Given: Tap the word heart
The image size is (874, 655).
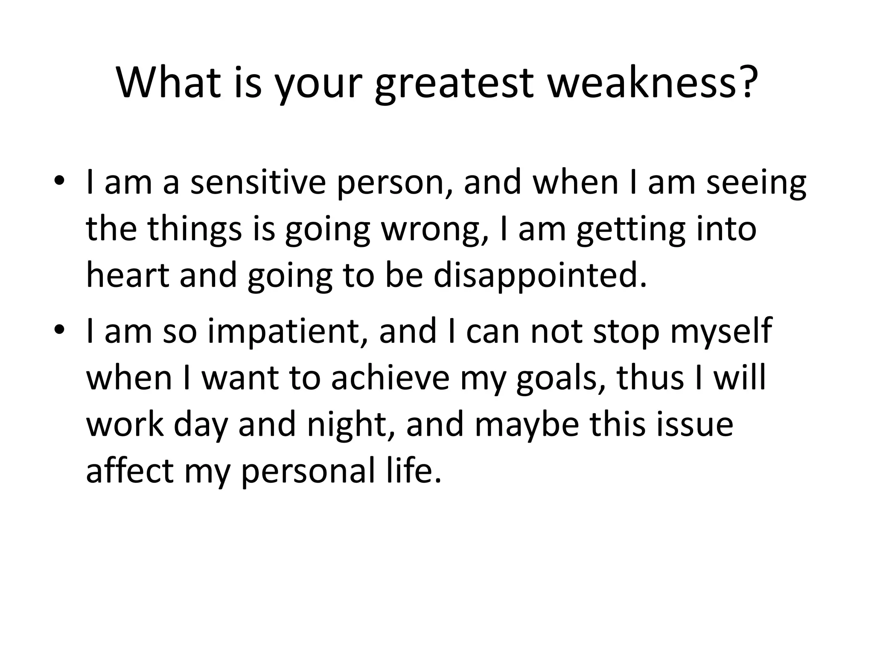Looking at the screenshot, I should [128, 275].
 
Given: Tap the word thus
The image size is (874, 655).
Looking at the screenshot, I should [650, 378].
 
